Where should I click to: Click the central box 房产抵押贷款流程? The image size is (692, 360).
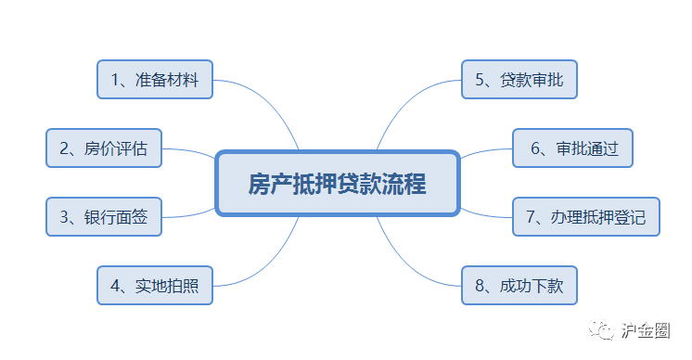tap(337, 184)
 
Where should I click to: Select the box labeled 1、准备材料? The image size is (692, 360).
tap(155, 80)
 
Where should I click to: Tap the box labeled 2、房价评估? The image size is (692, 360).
tap(104, 148)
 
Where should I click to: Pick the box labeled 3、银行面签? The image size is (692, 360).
tap(104, 217)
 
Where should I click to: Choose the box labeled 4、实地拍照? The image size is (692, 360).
tap(155, 286)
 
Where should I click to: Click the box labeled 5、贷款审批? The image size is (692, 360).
tap(519, 80)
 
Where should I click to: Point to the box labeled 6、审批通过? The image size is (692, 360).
tap(572, 148)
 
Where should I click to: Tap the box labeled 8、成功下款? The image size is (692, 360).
tap(519, 286)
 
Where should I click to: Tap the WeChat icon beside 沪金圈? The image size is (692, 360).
tap(604, 329)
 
